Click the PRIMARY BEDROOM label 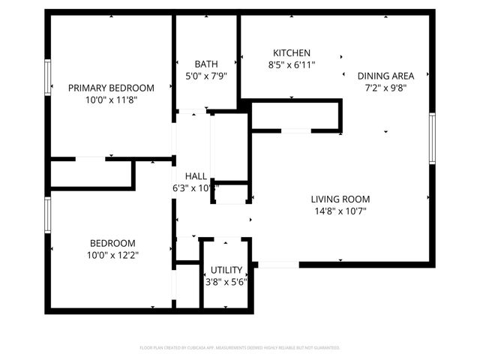click(111, 88)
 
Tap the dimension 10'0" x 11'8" click(111, 99)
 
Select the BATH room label click(206, 64)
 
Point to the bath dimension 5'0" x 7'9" click(206, 75)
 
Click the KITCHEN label click(292, 53)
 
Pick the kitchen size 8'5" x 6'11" click(292, 64)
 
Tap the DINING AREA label click(385, 76)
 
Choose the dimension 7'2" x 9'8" click(385, 87)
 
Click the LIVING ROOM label click(341, 199)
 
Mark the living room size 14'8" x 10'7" click(341, 211)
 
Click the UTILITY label click(226, 270)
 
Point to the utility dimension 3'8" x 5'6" click(226, 281)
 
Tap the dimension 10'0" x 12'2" click(112, 255)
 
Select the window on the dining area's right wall click(432, 139)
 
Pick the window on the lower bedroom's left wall click(49, 214)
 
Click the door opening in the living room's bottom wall click(278, 264)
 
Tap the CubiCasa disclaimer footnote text click(240, 348)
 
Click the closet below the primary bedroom click(91, 173)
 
